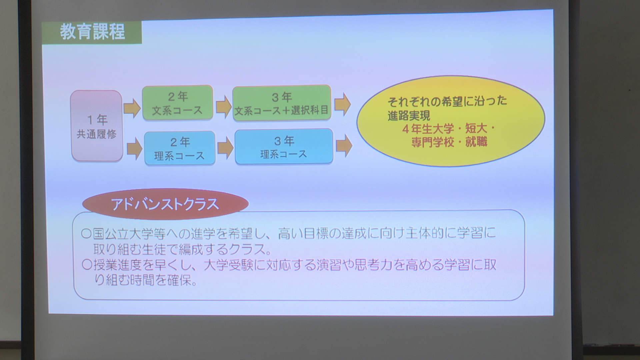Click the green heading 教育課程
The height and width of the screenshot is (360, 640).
92,32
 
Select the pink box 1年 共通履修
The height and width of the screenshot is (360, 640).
97,126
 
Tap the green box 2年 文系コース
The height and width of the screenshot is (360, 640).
178,103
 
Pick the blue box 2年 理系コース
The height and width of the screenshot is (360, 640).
180,148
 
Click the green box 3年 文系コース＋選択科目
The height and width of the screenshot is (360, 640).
282,103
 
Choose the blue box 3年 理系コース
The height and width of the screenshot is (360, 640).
284,147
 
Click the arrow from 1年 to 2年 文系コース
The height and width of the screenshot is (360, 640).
132,108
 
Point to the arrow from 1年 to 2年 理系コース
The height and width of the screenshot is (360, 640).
135,149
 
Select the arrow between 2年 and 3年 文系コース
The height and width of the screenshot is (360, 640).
224,107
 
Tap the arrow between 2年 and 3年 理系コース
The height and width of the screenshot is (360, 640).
226,148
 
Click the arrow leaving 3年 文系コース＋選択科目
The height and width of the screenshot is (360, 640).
343,104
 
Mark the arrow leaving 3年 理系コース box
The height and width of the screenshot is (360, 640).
344,146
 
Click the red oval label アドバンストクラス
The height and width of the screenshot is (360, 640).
165,204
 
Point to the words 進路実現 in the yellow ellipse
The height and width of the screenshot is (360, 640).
409,115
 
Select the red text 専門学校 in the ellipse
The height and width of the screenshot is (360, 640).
432,142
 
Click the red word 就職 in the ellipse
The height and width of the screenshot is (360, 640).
476,142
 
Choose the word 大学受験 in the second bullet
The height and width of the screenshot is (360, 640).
228,265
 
